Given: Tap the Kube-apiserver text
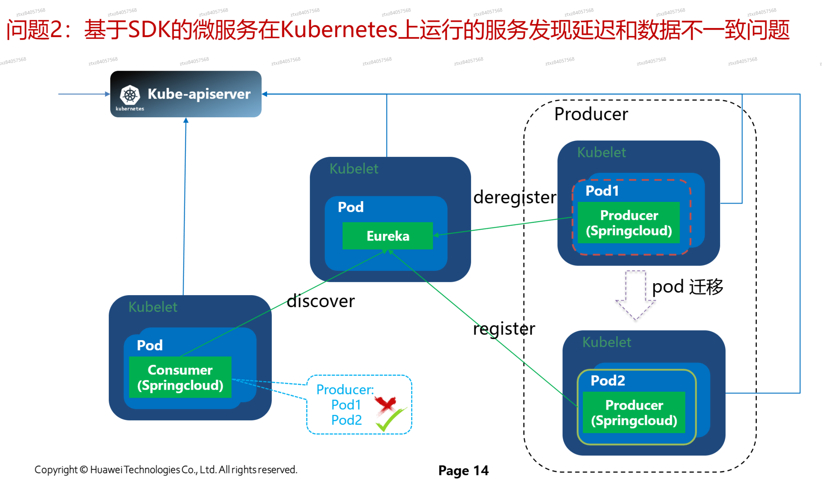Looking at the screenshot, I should (199, 94).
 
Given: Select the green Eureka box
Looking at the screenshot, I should (387, 236).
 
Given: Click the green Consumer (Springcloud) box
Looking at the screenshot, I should (180, 377).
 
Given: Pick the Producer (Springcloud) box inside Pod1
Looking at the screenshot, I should (628, 223).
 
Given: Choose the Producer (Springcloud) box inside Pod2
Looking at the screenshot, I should (633, 412).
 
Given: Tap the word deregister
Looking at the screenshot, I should (514, 197).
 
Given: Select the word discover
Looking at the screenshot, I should (320, 301).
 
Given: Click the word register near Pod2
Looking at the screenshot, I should (504, 329).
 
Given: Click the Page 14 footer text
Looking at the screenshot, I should (463, 470).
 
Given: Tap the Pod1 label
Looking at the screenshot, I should (602, 191).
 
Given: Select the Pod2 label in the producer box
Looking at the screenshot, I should (607, 381).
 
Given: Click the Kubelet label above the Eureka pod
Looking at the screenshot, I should (354, 169).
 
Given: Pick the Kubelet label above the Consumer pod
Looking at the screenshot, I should (153, 307).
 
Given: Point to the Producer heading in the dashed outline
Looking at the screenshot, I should (591, 114).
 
